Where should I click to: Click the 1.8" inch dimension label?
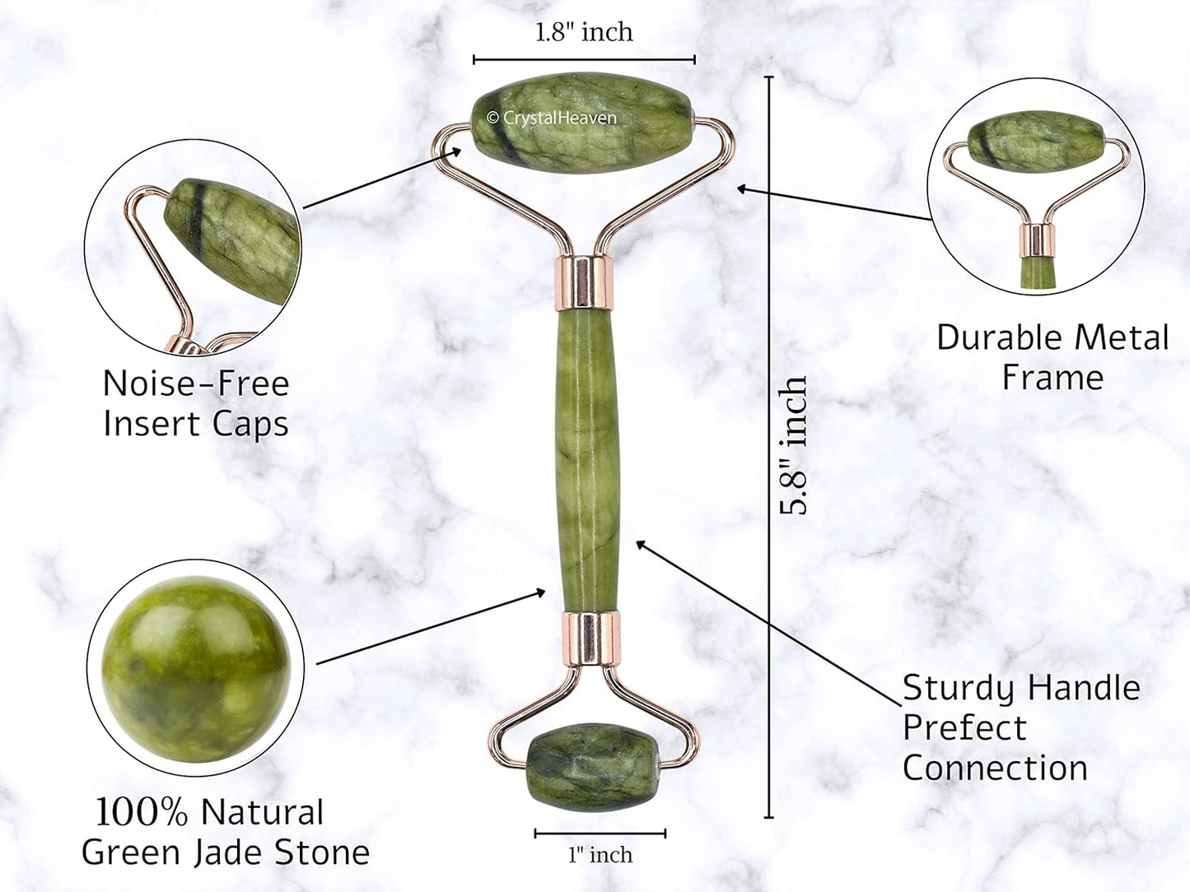[584, 32]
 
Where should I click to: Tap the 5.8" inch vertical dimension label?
[793, 445]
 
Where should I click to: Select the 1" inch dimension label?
[600, 855]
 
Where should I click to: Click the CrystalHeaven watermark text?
[552, 118]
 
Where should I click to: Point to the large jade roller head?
[583, 123]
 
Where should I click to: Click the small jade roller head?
[593, 767]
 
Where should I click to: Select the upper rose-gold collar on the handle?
[583, 284]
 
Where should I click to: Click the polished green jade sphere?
[196, 668]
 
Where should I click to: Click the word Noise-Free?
[196, 383]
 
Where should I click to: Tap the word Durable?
[998, 337]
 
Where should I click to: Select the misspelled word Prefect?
[964, 727]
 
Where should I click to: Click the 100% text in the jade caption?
[142, 813]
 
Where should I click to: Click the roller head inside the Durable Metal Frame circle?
[1035, 142]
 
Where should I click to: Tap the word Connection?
[995, 768]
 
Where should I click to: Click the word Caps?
[250, 424]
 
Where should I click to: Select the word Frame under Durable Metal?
[1052, 377]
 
